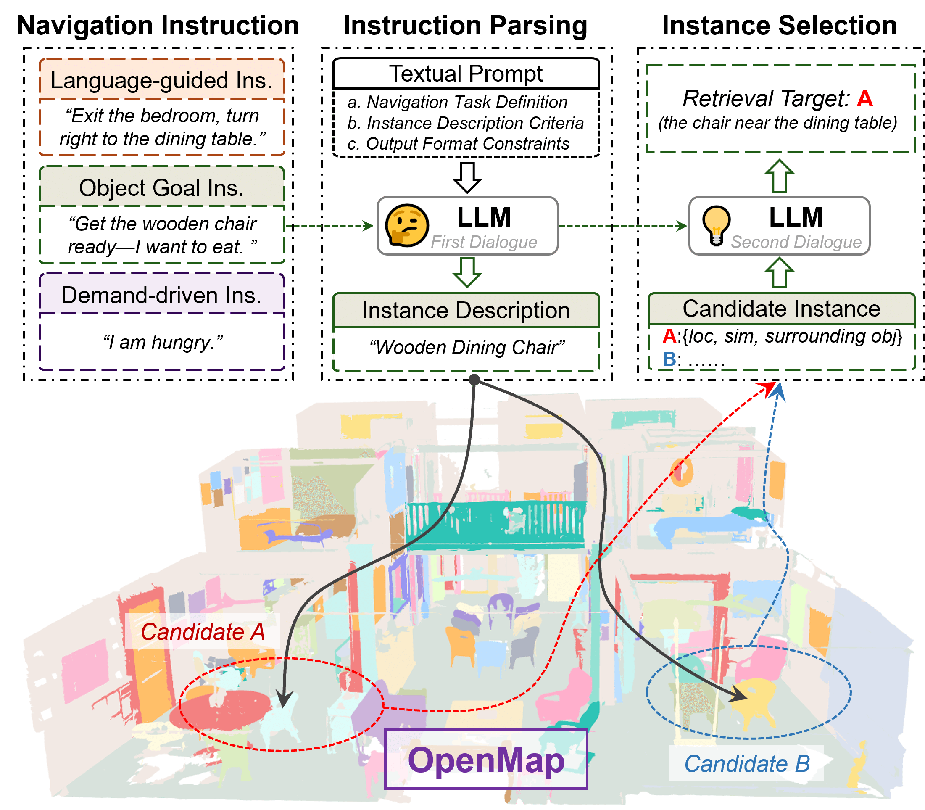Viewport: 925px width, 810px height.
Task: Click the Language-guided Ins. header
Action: click(161, 80)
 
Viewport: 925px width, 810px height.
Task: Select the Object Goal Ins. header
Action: click(161, 187)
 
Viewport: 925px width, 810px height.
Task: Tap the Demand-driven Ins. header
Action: click(161, 295)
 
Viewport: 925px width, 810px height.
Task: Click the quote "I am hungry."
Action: click(163, 342)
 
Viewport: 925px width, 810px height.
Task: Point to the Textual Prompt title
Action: click(466, 74)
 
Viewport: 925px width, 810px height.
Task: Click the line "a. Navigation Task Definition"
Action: click(457, 102)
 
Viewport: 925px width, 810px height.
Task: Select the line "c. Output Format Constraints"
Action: click(458, 144)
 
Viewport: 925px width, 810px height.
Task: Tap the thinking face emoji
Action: click(407, 225)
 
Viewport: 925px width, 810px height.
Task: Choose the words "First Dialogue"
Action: click(483, 242)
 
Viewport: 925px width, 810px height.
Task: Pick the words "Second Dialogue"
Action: click(796, 242)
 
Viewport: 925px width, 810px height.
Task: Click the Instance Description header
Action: click(466, 311)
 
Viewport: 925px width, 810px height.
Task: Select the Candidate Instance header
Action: click(781, 309)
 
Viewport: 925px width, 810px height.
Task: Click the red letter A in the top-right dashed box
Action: click(864, 98)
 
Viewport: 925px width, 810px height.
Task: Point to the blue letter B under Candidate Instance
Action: click(669, 359)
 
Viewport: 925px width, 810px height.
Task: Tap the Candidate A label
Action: click(203, 631)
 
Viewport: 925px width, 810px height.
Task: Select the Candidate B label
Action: click(746, 764)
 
